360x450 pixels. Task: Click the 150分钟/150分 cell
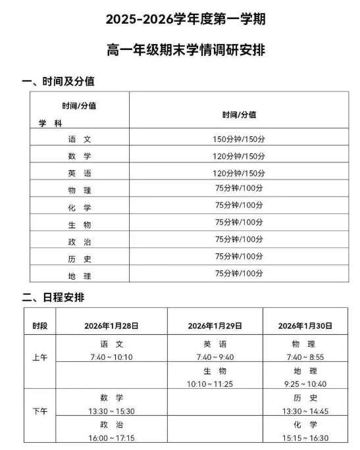[239, 139]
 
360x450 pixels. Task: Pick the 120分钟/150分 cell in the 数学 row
[239, 157]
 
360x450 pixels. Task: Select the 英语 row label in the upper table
[80, 174]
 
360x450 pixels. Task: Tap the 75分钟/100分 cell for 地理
[239, 274]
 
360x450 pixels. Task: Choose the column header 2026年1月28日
[111, 326]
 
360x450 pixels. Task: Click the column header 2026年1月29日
[215, 326]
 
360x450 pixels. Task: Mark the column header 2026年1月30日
[305, 326]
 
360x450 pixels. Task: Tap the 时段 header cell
[39, 326]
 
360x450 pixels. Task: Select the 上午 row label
[39, 358]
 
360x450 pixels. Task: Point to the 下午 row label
[39, 411]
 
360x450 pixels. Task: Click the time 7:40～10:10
[111, 357]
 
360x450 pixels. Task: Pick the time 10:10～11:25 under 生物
[215, 384]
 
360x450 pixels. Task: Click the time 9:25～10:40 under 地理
[305, 384]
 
